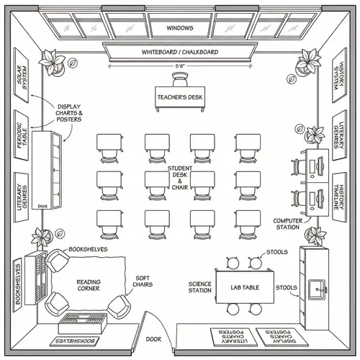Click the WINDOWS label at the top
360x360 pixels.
click(179, 28)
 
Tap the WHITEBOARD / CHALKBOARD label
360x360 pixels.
click(179, 52)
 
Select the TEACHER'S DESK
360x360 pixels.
click(180, 97)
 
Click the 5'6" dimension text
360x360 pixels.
click(180, 66)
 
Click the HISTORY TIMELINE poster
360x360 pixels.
click(336, 194)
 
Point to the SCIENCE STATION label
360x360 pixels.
click(199, 287)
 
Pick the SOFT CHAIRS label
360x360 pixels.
click(143, 281)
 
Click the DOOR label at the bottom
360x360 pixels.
click(153, 338)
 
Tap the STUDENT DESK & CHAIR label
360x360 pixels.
click(179, 177)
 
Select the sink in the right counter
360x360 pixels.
click(315, 290)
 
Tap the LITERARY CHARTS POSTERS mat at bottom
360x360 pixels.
click(232, 337)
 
